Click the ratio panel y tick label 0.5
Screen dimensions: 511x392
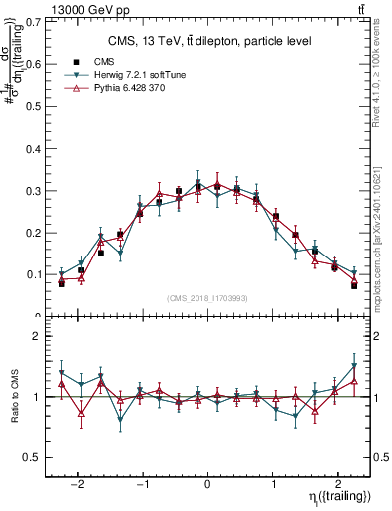[x=35, y=457]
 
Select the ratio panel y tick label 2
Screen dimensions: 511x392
[x=39, y=336]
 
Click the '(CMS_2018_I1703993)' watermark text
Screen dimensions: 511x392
[x=207, y=298]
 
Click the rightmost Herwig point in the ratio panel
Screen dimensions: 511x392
[x=354, y=366]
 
